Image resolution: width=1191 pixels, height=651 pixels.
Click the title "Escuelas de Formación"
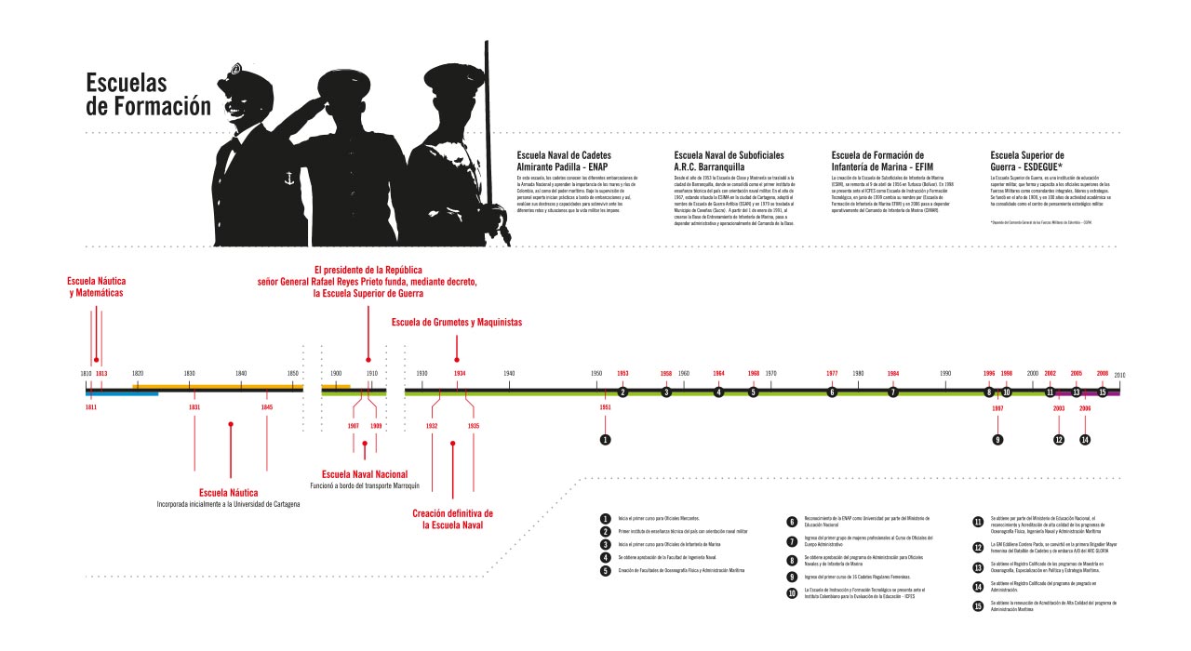(149, 94)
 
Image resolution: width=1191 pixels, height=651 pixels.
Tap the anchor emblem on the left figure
(289, 176)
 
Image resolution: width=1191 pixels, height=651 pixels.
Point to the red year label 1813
(101, 373)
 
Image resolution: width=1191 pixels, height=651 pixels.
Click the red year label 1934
(460, 373)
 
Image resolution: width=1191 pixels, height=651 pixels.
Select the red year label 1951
(605, 407)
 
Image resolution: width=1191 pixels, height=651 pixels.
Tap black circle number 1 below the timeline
(605, 439)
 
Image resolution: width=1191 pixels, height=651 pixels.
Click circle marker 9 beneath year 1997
(997, 439)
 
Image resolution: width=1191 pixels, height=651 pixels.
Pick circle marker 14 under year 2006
(1085, 439)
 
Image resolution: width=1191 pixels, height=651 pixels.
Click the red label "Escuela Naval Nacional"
(365, 474)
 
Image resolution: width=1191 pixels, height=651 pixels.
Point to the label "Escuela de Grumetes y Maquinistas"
(457, 323)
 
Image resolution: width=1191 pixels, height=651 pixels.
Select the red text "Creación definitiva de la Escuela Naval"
(452, 519)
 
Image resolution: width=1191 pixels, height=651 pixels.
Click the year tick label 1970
(770, 373)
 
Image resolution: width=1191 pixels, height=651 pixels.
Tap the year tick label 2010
(1119, 375)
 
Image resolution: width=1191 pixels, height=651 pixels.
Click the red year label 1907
(354, 425)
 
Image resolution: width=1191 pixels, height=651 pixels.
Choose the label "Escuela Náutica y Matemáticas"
(96, 286)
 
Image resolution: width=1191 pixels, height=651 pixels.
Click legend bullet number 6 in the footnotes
(792, 523)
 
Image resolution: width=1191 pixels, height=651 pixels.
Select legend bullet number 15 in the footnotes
(978, 605)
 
